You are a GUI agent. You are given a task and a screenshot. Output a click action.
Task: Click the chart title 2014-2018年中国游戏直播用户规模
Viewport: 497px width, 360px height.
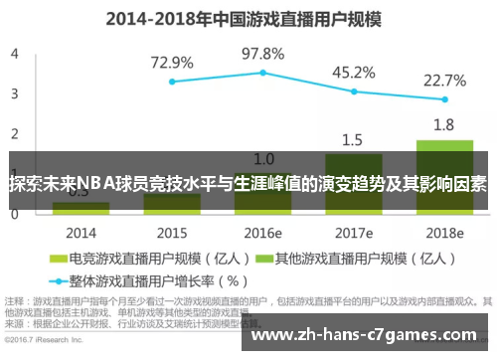(x=248, y=17)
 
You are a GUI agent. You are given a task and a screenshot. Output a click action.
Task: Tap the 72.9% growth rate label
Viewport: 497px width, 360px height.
(x=172, y=63)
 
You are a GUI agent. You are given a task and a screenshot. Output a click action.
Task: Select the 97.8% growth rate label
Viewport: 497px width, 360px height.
(x=263, y=54)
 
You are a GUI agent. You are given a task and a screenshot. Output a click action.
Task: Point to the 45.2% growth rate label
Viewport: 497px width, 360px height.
(x=353, y=73)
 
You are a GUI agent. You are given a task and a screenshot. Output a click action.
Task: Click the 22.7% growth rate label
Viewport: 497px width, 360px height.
(x=444, y=81)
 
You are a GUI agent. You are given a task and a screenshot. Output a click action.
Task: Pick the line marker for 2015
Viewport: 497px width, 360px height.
(x=172, y=82)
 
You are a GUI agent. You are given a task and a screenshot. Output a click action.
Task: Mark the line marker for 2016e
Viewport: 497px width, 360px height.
(x=263, y=73)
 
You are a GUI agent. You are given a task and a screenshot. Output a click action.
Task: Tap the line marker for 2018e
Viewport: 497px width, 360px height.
(x=444, y=99)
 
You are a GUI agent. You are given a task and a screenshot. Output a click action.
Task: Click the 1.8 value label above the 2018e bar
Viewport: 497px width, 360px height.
(x=444, y=124)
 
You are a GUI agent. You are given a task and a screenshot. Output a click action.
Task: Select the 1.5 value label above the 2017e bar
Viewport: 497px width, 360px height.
(x=353, y=139)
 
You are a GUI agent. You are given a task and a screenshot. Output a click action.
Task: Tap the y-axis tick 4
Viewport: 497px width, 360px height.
(x=14, y=54)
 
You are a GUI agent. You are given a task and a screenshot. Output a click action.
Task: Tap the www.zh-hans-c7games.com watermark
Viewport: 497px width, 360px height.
(x=369, y=334)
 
